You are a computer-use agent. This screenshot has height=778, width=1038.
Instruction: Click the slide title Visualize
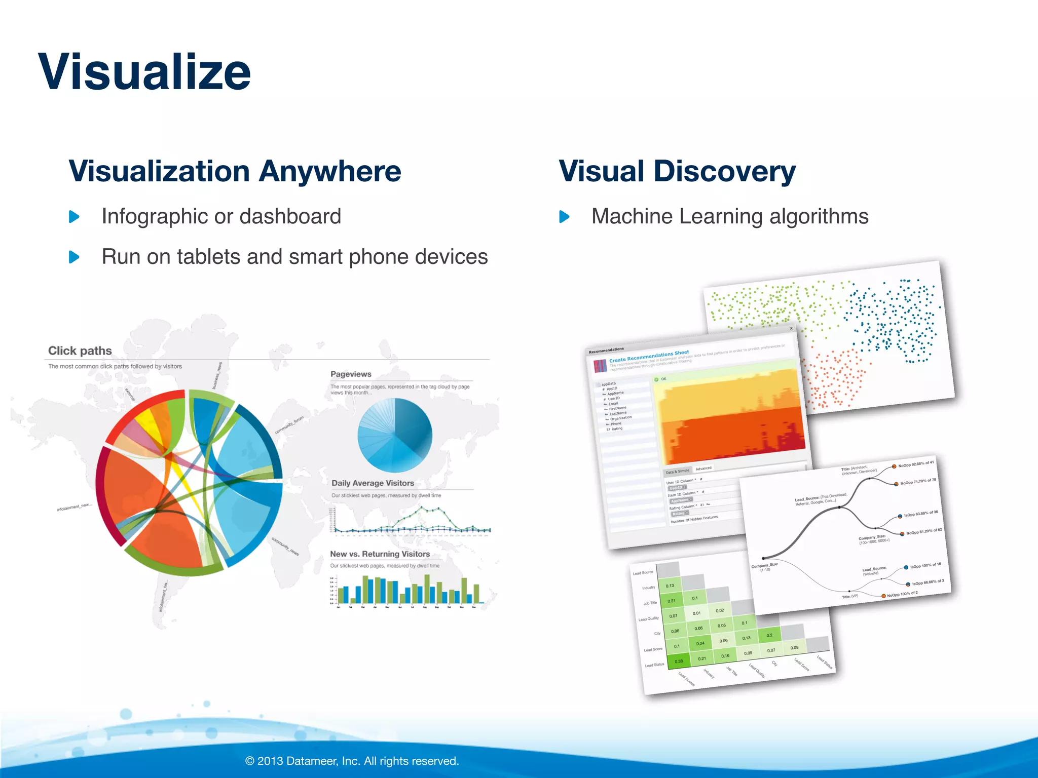click(x=144, y=72)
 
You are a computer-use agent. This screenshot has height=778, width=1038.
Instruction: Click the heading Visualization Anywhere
click(x=235, y=171)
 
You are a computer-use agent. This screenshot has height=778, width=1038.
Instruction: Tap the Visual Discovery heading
click(x=677, y=171)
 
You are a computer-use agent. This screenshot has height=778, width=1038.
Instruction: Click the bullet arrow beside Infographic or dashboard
click(x=75, y=217)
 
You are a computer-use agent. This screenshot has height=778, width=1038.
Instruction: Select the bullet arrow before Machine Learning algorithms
click(x=564, y=217)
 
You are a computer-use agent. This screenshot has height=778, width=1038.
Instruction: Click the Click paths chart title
click(x=80, y=351)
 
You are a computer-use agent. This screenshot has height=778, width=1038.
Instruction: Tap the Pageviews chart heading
click(x=351, y=374)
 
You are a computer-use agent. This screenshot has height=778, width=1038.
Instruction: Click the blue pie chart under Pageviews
click(x=395, y=435)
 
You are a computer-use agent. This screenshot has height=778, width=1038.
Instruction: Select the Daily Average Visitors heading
click(x=373, y=483)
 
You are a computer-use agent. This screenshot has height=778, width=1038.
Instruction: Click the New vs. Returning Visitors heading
click(x=380, y=554)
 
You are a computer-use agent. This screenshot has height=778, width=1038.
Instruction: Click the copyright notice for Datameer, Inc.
click(x=352, y=761)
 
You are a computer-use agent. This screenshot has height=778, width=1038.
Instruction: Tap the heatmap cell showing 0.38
click(x=679, y=661)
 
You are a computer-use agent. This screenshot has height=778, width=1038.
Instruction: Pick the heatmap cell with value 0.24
click(x=700, y=643)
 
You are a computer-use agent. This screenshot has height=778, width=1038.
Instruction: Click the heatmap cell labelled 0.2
click(x=769, y=635)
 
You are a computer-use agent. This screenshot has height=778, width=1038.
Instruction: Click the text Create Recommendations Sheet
click(x=649, y=356)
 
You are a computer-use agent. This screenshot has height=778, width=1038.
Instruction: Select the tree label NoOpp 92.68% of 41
click(x=916, y=464)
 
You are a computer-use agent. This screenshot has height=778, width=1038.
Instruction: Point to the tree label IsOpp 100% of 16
click(x=925, y=565)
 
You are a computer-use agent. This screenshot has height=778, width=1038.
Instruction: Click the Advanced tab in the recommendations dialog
click(x=703, y=469)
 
